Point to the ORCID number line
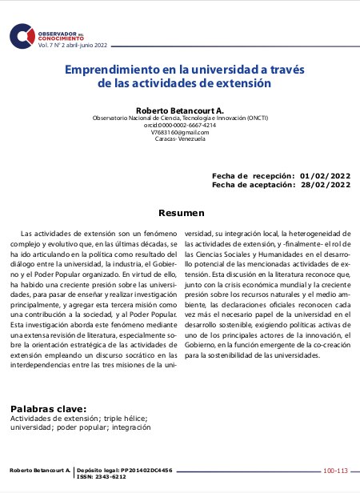[180, 125]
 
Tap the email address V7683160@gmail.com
[180, 132]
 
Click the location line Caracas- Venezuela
[180, 139]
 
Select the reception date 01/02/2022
[325, 175]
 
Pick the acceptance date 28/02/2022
[325, 184]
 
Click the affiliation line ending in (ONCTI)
[180, 117]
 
